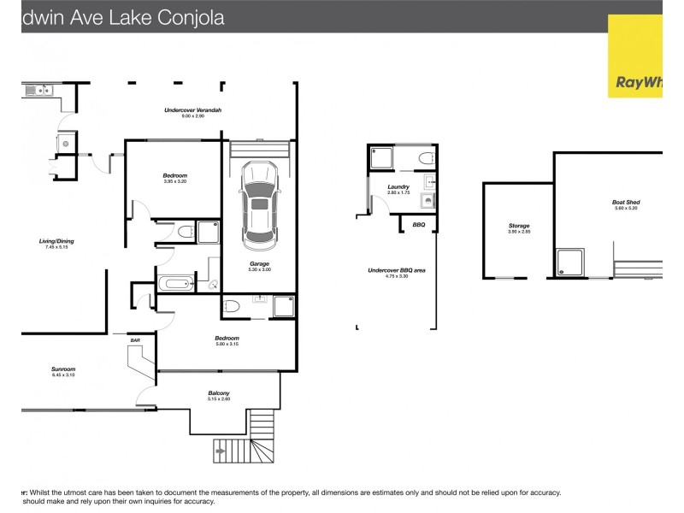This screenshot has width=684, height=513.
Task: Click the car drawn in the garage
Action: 260,201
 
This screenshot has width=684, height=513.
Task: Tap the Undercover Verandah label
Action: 193,110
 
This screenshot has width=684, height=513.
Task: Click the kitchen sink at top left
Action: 41,90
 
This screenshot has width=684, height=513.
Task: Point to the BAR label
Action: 135,340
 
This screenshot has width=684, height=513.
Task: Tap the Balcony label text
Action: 219,393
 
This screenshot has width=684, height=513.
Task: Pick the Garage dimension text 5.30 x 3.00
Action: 260,270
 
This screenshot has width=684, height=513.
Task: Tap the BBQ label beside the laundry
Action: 418,225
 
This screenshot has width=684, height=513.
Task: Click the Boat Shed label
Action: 626,203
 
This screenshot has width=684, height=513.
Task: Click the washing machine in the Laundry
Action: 427,202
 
